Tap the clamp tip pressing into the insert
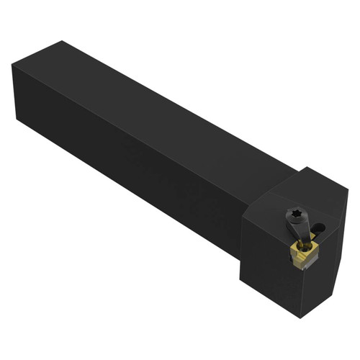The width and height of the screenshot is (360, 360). coord(302,242)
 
